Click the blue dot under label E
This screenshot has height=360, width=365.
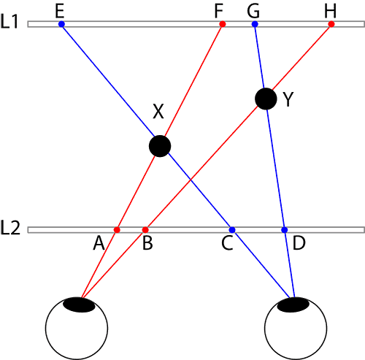[61, 24]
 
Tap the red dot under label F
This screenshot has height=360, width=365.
[223, 24]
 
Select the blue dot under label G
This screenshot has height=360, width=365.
[255, 24]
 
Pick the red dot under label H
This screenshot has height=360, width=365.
[331, 24]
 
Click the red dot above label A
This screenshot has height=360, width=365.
[117, 230]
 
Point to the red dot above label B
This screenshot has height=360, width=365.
[145, 230]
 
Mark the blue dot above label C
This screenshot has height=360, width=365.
[232, 230]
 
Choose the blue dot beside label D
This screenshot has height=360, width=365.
[284, 230]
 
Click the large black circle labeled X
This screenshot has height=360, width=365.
[160, 146]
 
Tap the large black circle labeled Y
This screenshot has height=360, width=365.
[266, 99]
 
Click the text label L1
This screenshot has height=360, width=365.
[9, 22]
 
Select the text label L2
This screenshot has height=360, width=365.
[10, 228]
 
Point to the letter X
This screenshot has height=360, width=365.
[158, 112]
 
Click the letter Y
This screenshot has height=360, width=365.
[288, 99]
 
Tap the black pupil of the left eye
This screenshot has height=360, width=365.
[79, 305]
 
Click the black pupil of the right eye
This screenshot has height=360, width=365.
[293, 305]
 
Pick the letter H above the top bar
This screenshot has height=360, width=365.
[331, 11]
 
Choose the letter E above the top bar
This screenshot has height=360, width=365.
[60, 11]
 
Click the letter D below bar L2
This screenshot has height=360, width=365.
[299, 243]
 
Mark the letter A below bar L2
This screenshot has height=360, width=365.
[99, 243]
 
